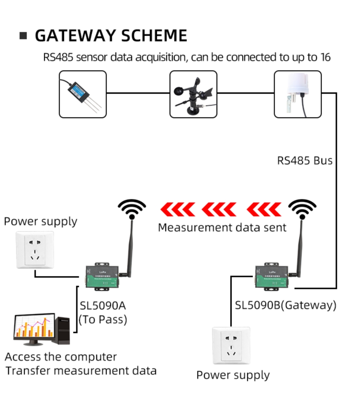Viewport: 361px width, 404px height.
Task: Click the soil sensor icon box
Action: pyautogui.click(x=83, y=94)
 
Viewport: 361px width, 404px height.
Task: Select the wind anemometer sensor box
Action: pyautogui.click(x=193, y=94)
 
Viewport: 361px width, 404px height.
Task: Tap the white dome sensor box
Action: pyautogui.click(x=298, y=94)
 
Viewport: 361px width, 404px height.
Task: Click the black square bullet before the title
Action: pyautogui.click(x=23, y=36)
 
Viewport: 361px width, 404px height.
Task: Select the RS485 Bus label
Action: pyautogui.click(x=305, y=160)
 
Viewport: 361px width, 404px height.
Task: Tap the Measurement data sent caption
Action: pyautogui.click(x=222, y=227)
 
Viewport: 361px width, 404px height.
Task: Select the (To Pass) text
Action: pyautogui.click(x=103, y=319)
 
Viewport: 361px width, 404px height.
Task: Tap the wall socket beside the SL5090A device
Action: pyautogui.click(x=35, y=250)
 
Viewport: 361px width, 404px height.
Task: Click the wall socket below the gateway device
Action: pyautogui.click(x=231, y=346)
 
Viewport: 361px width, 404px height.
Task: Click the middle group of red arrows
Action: pyautogui.click(x=219, y=209)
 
